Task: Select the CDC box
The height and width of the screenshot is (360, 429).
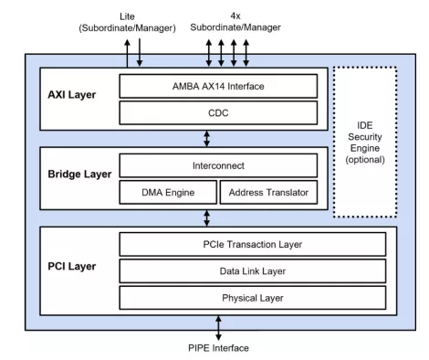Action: pyautogui.click(x=218, y=112)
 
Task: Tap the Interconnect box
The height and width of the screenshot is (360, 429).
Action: pyautogui.click(x=218, y=164)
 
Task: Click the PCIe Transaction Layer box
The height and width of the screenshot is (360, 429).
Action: pyautogui.click(x=218, y=244)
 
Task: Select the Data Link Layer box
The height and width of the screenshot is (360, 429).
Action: pyautogui.click(x=218, y=270)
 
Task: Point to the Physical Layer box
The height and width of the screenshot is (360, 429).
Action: pyautogui.click(x=218, y=298)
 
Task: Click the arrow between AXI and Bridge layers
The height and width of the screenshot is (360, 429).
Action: pyautogui.click(x=208, y=139)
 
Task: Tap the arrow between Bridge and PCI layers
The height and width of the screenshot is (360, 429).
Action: pyautogui.click(x=208, y=217)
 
